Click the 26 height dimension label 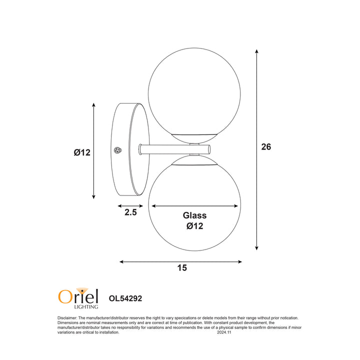266,146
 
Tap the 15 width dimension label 182,267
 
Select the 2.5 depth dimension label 130,212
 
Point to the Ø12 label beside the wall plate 82,152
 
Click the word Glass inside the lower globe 194,215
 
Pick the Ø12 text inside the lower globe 194,226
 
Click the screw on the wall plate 118,150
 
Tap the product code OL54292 125,298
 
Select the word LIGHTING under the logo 86,306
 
